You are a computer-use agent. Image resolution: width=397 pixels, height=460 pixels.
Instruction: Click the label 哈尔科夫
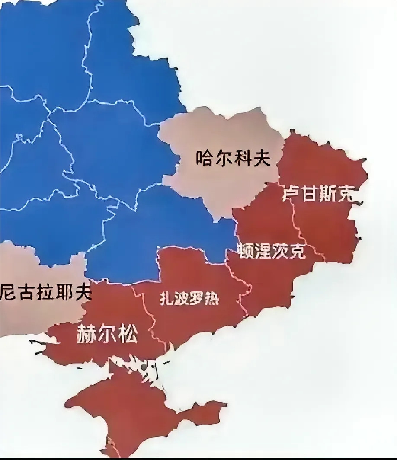coord(233,159)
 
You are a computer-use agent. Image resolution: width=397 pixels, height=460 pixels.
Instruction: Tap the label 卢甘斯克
coord(317,194)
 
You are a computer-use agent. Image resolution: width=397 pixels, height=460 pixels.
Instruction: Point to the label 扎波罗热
coord(189,299)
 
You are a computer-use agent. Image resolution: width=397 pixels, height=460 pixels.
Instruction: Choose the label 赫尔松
coord(107,334)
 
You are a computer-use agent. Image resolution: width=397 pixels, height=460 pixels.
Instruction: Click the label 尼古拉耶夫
coord(46,293)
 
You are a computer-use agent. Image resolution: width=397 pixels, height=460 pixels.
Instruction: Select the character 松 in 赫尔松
coord(128,334)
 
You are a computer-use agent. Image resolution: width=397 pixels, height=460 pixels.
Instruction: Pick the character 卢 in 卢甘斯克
coord(291,194)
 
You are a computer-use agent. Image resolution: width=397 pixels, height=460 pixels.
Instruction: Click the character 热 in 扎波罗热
coord(211,299)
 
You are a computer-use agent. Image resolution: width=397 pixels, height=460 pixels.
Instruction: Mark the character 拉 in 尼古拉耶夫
coord(46,293)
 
